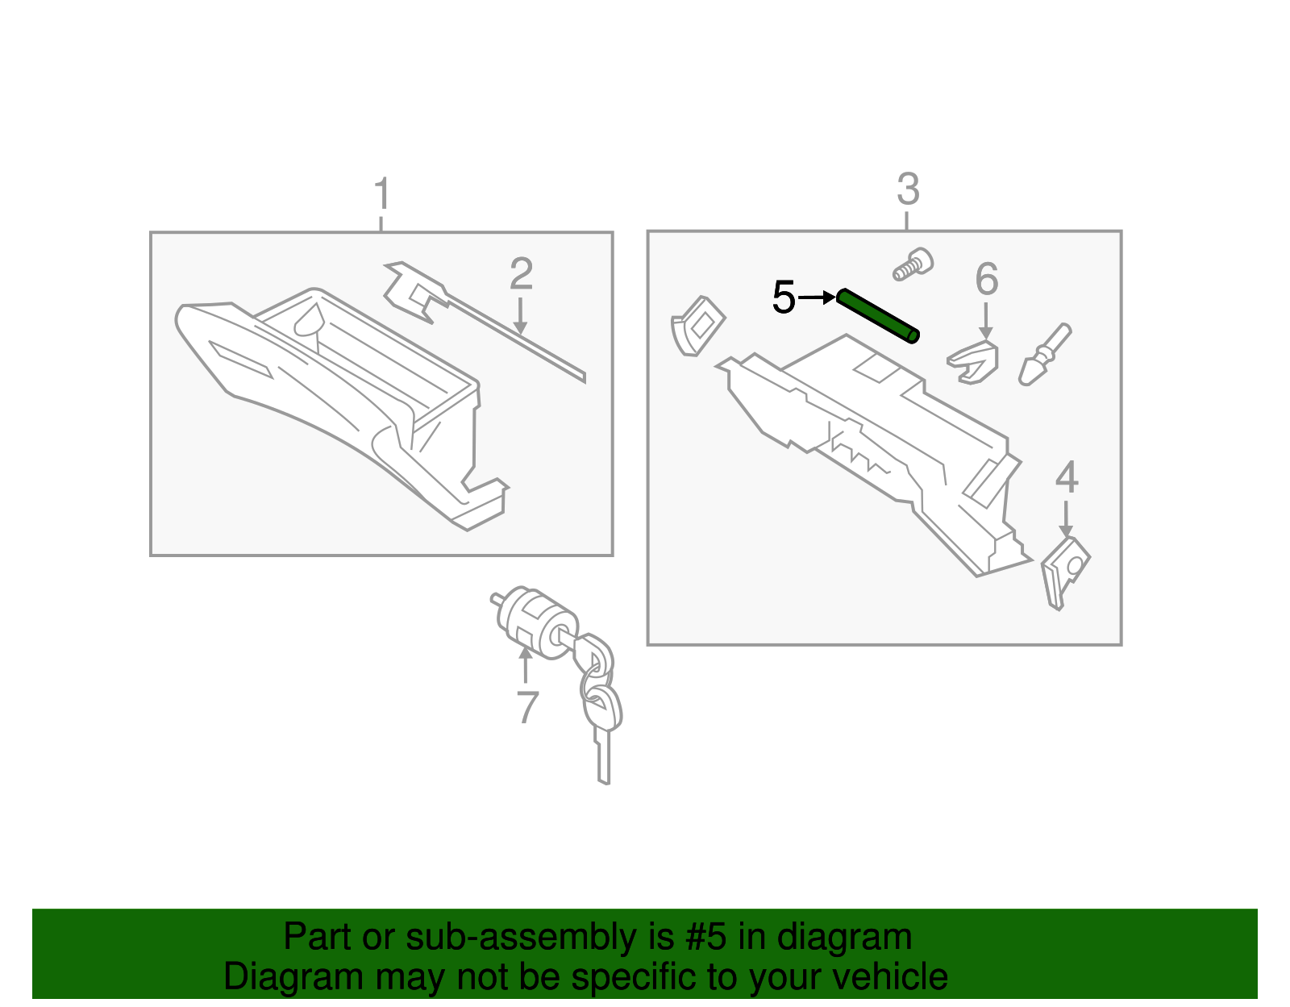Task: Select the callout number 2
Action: tap(521, 273)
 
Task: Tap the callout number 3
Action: tap(909, 189)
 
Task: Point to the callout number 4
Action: tap(1066, 477)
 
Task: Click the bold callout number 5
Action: tap(784, 297)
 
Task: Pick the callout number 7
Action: tap(527, 707)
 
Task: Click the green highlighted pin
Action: tap(878, 316)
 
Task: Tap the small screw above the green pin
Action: tap(913, 264)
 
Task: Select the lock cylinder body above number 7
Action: tap(537, 622)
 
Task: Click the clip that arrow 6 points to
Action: tap(973, 362)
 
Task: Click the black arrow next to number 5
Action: tap(817, 297)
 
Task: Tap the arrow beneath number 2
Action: tap(520, 316)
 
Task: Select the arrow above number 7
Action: tap(526, 665)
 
